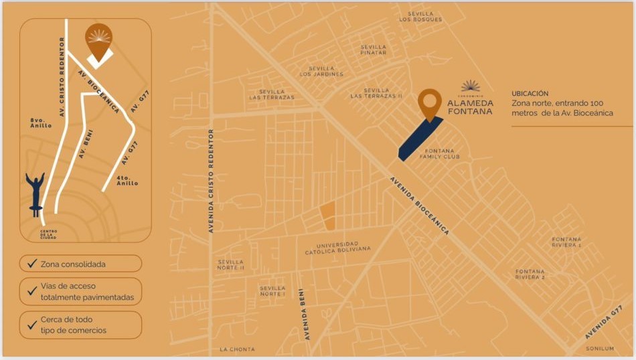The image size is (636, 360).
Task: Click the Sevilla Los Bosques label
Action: pyautogui.click(x=420, y=16)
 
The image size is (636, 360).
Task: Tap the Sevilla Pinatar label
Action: pyautogui.click(x=373, y=50)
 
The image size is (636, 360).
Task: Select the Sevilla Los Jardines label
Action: pyautogui.click(x=321, y=71)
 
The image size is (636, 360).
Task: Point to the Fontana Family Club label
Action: pyautogui.click(x=440, y=154)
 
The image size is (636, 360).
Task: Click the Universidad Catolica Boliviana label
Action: pyautogui.click(x=337, y=248)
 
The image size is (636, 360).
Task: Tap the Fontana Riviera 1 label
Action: pyautogui.click(x=566, y=242)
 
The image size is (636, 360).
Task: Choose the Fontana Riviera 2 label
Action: pyautogui.click(x=530, y=274)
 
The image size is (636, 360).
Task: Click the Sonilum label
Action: pyautogui.click(x=599, y=349)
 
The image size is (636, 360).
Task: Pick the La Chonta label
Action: pyautogui.click(x=237, y=349)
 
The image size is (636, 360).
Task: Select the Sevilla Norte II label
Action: pyautogui.click(x=231, y=265)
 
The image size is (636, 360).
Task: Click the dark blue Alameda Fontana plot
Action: pyautogui.click(x=420, y=139)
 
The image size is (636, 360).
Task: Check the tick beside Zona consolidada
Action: pyautogui.click(x=31, y=264)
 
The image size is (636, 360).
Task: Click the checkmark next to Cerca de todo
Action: pyautogui.click(x=31, y=325)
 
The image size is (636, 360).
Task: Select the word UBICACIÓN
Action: pyautogui.click(x=530, y=94)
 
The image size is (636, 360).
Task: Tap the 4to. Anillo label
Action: pyautogui.click(x=127, y=181)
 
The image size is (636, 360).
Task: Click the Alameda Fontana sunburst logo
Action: pyautogui.click(x=471, y=86)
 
